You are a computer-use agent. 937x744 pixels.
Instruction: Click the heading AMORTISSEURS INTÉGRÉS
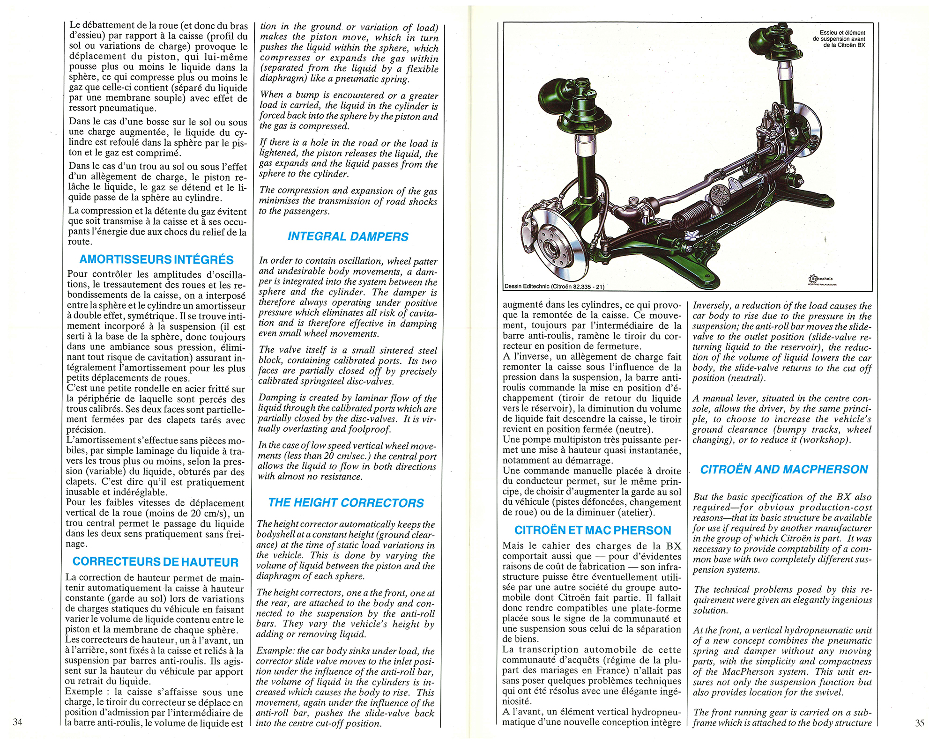(x=156, y=259)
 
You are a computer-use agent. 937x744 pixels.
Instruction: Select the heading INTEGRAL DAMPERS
(x=348, y=236)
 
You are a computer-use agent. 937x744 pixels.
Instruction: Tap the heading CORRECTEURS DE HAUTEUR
(x=155, y=562)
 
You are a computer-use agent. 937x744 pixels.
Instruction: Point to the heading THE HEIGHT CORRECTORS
(x=346, y=503)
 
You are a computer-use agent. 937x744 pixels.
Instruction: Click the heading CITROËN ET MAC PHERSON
(x=593, y=530)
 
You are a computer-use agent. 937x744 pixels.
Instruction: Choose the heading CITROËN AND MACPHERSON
(x=784, y=470)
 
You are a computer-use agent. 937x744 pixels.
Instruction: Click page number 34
(x=17, y=722)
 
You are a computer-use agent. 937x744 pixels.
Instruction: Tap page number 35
(x=920, y=722)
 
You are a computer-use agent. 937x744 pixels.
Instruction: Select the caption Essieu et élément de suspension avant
(x=839, y=39)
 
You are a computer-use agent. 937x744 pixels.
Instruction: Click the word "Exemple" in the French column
(x=83, y=692)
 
